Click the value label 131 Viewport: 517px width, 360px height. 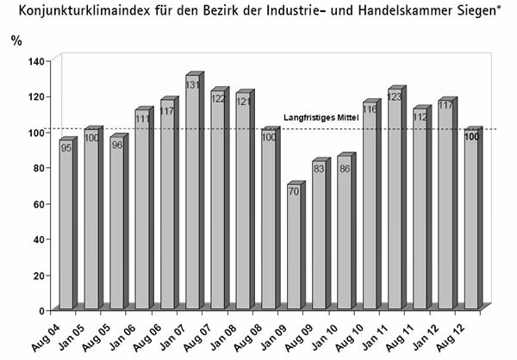coord(192,85)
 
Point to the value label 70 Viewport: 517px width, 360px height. coord(294,192)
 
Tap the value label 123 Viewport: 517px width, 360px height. coord(395,97)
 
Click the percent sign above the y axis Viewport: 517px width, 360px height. coord(16,40)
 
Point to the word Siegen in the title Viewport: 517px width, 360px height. coord(478,10)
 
